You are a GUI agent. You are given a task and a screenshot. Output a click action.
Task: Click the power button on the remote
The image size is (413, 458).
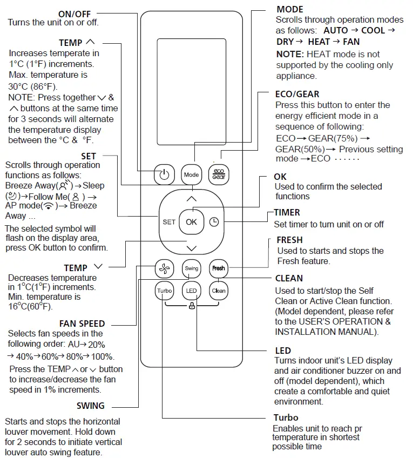pyautogui.click(x=165, y=174)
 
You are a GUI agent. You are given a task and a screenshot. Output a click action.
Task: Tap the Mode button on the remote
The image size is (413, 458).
pyautogui.click(x=191, y=174)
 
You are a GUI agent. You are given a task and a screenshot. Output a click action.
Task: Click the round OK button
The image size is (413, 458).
pyautogui.click(x=191, y=221)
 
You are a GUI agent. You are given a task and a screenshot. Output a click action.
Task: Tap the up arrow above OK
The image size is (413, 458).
pyautogui.click(x=191, y=199)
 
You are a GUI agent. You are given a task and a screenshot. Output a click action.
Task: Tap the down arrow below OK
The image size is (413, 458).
pyautogui.click(x=191, y=248)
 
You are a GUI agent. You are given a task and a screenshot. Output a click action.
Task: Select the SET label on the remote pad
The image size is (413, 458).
pyautogui.click(x=169, y=222)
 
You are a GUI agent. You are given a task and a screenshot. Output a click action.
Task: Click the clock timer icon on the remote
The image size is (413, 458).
pyautogui.click(x=214, y=221)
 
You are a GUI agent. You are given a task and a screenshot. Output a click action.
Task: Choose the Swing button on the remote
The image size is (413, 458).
pyautogui.click(x=191, y=268)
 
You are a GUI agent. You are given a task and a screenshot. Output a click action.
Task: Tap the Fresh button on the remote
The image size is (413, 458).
pyautogui.click(x=218, y=268)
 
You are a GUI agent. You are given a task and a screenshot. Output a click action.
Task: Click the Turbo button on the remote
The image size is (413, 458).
pyautogui.click(x=164, y=291)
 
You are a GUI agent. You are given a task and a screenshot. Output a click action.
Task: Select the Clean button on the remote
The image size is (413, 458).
pyautogui.click(x=218, y=291)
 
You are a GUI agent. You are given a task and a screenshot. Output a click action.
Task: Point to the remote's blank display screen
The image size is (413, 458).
pyautogui.click(x=191, y=92)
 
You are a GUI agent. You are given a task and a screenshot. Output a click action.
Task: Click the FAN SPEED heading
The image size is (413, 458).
pyautogui.click(x=82, y=324)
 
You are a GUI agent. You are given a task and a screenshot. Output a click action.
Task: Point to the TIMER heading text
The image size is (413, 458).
pyautogui.click(x=287, y=213)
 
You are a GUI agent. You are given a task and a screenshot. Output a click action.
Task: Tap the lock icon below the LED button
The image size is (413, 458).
pyautogui.click(x=192, y=306)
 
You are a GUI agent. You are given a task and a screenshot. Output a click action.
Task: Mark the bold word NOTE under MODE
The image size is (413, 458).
pyautogui.click(x=289, y=54)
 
